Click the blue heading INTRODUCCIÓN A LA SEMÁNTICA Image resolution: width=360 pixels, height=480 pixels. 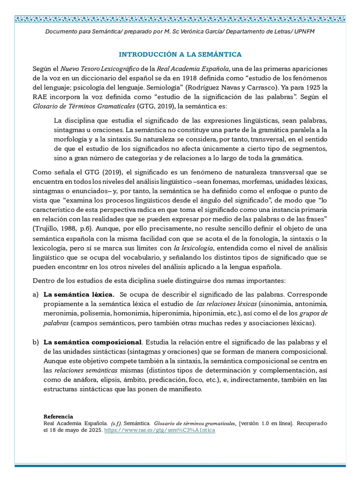coord(180,54)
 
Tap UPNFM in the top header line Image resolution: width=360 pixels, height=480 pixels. coord(304,31)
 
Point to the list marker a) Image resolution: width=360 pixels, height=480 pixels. coord(36,294)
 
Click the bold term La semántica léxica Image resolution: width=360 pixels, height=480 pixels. coord(79,294)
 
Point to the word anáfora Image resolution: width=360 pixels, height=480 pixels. coord(84,380)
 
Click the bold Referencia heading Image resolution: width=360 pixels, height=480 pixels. coord(58,416)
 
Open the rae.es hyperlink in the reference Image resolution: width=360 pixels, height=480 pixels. coord(159,430)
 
